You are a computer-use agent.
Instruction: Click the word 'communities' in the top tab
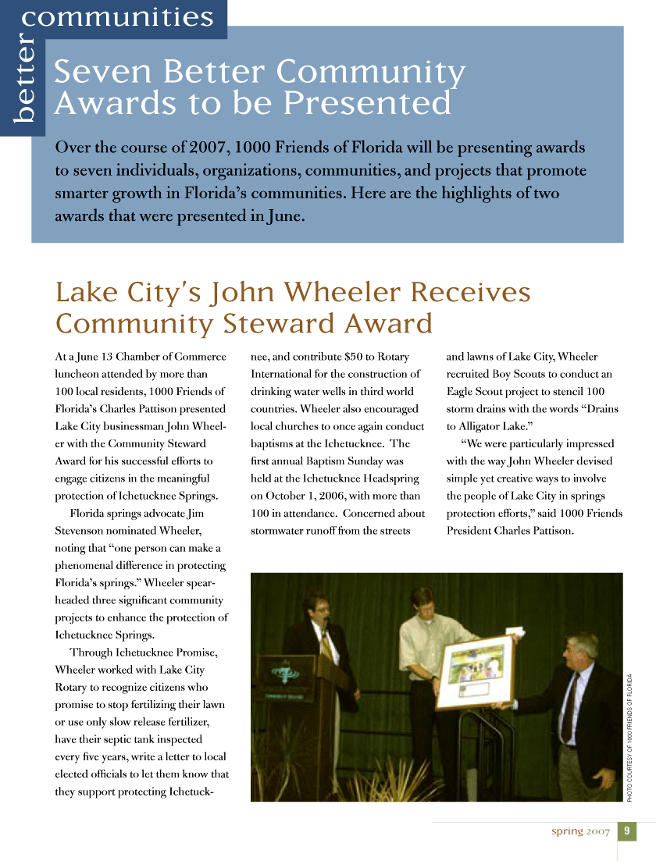[x=118, y=16]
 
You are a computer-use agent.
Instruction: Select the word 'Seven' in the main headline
[x=98, y=73]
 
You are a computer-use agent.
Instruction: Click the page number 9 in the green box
[x=627, y=831]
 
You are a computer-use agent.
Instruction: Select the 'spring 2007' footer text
[x=580, y=831]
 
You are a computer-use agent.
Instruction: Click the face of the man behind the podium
[x=319, y=609]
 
